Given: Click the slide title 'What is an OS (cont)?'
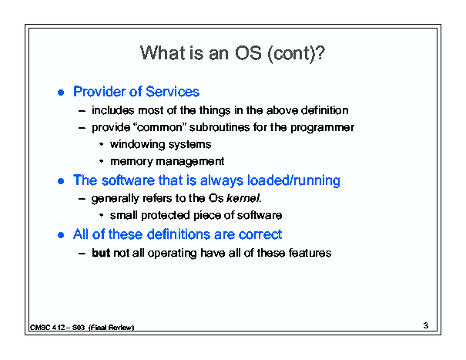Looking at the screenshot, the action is (x=233, y=53).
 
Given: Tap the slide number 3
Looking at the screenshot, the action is (x=426, y=325).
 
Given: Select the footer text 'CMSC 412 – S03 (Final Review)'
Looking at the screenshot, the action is (x=82, y=328).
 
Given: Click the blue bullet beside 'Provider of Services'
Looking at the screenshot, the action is (x=61, y=93).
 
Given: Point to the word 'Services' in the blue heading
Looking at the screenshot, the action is (x=173, y=91).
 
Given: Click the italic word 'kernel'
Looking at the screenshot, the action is (x=243, y=198).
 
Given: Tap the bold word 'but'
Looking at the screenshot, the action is (x=101, y=253).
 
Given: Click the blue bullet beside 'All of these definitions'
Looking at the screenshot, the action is (x=61, y=235).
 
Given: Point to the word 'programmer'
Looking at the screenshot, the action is (x=322, y=128).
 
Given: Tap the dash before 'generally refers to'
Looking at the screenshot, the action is (x=82, y=198).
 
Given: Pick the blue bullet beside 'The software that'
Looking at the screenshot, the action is (x=61, y=181).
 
